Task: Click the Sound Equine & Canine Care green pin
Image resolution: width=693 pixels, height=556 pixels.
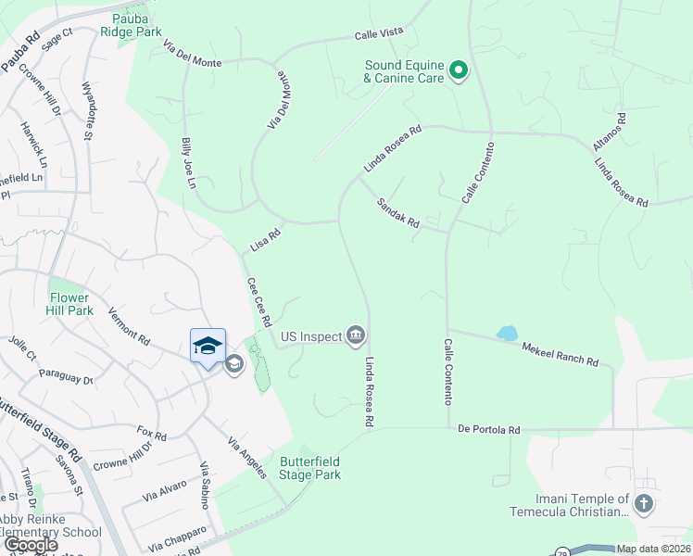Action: pyautogui.click(x=458, y=70)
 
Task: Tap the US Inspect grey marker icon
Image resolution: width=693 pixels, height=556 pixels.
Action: pyautogui.click(x=356, y=335)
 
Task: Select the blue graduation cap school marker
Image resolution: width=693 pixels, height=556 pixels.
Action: pyautogui.click(x=208, y=346)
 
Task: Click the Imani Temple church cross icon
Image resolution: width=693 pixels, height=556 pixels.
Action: pyautogui.click(x=644, y=505)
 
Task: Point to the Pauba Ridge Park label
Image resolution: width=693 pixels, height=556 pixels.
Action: pyautogui.click(x=136, y=25)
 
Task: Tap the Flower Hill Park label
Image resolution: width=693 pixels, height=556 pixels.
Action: pyautogui.click(x=70, y=304)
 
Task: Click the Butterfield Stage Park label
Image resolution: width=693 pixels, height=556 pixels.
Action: pyautogui.click(x=310, y=468)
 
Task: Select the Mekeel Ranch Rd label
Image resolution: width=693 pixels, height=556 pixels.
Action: pyautogui.click(x=560, y=356)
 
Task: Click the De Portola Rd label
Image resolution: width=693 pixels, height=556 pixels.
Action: pyautogui.click(x=489, y=430)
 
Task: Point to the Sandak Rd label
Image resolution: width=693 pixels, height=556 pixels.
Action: pyautogui.click(x=398, y=212)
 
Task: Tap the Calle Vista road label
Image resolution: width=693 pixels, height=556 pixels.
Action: pyautogui.click(x=379, y=34)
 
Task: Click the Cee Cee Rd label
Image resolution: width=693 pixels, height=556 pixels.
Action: pyautogui.click(x=258, y=302)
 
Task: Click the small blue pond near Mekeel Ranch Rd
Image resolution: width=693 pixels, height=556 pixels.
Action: pyautogui.click(x=506, y=333)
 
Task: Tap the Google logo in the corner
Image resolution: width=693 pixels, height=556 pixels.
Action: pyautogui.click(x=31, y=546)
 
